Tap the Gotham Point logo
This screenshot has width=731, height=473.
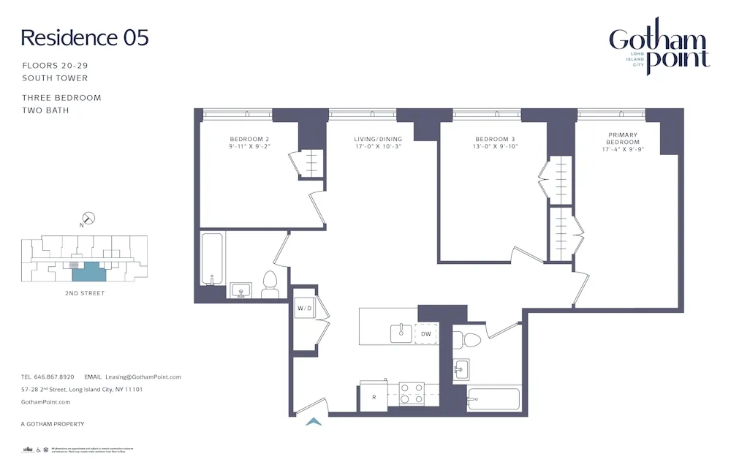click(659, 48)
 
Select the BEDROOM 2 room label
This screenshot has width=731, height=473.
click(249, 143)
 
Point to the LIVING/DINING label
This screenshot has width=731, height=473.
click(378, 143)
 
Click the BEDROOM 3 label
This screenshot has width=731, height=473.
click(495, 143)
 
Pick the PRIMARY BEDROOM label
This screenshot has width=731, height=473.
click(622, 143)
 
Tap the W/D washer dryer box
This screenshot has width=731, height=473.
click(303, 308)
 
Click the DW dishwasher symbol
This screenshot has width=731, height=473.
click(426, 333)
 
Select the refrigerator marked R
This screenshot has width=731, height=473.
click(373, 398)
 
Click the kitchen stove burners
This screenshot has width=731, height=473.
click(414, 393)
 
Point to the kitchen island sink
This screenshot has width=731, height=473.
click(401, 333)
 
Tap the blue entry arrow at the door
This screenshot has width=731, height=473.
click(314, 421)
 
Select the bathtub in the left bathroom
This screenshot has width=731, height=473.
click(213, 259)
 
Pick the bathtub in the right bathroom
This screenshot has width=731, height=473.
click(495, 400)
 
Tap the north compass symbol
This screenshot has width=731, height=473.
click(88, 218)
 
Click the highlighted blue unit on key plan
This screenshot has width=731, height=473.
click(88, 270)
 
